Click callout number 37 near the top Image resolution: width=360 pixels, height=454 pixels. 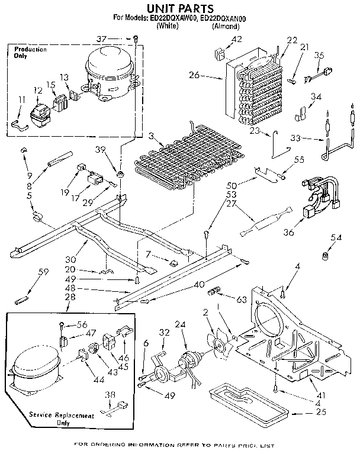click(101, 39)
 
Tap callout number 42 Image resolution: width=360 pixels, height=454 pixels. click(237, 40)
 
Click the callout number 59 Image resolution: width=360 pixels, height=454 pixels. click(43, 272)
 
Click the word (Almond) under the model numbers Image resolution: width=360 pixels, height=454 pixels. click(225, 27)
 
